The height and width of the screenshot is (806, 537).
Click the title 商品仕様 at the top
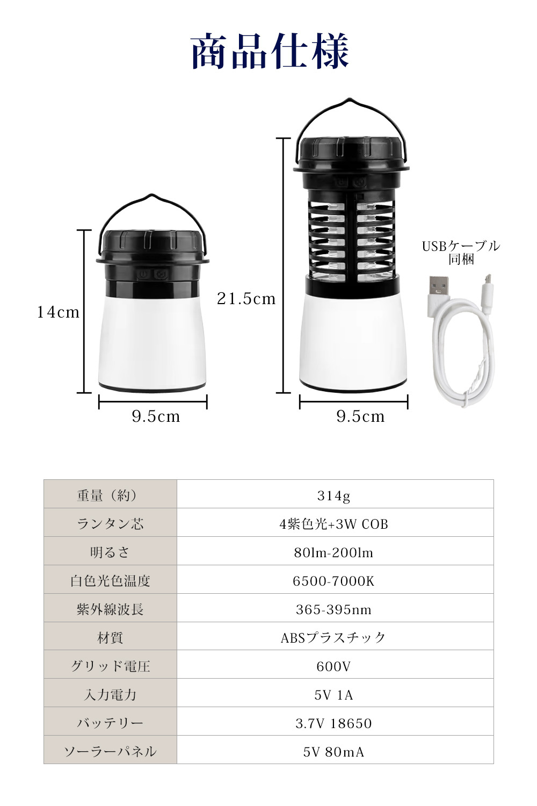(270, 51)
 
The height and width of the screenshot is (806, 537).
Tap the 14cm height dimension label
(59, 312)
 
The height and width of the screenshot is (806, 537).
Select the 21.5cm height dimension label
(246, 299)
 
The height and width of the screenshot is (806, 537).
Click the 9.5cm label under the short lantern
(156, 416)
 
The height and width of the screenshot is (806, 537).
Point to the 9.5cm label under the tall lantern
(360, 416)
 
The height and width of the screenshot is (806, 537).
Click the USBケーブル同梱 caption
(461, 253)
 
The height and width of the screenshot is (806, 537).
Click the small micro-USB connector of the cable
(488, 293)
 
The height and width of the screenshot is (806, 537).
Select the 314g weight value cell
(334, 496)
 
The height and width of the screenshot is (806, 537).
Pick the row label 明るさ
(110, 552)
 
